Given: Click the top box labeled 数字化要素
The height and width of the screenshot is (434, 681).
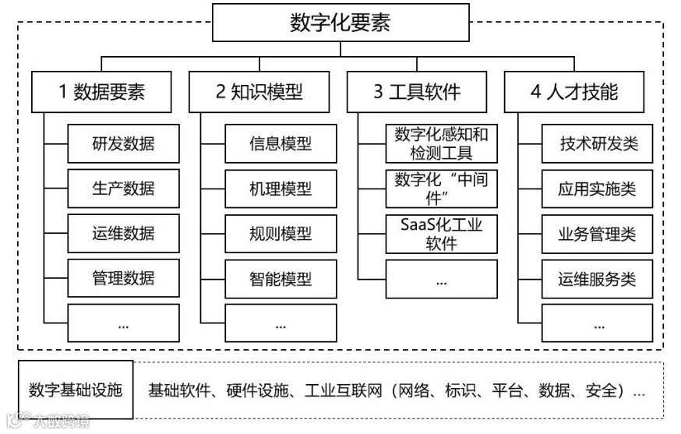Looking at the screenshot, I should click(340, 22).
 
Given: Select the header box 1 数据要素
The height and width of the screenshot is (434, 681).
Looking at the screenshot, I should click(101, 92).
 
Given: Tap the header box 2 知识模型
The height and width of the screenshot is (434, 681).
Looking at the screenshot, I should click(259, 92).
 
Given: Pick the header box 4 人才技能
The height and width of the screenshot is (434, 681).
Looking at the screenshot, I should click(574, 92).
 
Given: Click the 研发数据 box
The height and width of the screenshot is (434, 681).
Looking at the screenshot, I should click(123, 143).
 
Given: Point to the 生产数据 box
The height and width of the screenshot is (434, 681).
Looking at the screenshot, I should click(123, 188).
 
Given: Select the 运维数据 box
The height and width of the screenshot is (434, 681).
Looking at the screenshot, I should click(123, 233).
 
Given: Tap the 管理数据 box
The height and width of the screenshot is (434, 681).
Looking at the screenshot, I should click(123, 277).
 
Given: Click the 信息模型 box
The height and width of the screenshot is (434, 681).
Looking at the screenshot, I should click(281, 143).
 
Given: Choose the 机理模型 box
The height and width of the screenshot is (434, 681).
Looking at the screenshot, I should click(281, 188).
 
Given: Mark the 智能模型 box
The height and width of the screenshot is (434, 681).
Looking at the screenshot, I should click(281, 277).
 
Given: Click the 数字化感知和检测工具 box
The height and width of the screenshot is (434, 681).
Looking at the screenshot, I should click(441, 143).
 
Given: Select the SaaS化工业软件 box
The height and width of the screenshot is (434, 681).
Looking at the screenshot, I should click(441, 233).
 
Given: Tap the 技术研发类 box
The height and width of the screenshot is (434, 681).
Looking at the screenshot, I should click(598, 143).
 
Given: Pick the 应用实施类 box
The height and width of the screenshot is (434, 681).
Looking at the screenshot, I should click(598, 188).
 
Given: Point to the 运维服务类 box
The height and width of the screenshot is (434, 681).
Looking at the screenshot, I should click(598, 277).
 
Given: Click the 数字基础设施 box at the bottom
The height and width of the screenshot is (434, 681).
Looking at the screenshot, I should click(76, 390).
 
